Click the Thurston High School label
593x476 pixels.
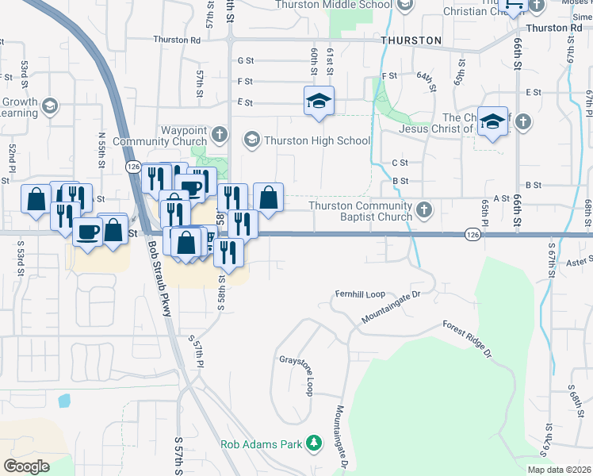[317, 141]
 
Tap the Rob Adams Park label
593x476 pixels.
[262, 444]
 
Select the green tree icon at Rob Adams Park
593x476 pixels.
[316, 443]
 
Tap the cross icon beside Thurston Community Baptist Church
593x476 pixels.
[424, 210]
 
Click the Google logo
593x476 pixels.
[26, 466]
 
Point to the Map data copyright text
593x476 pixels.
[559, 470]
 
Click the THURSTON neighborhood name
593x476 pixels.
[411, 40]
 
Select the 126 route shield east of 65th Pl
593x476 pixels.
[472, 235]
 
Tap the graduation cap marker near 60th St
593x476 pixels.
[319, 102]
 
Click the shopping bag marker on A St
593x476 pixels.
[268, 198]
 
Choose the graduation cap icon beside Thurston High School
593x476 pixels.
[252, 141]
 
